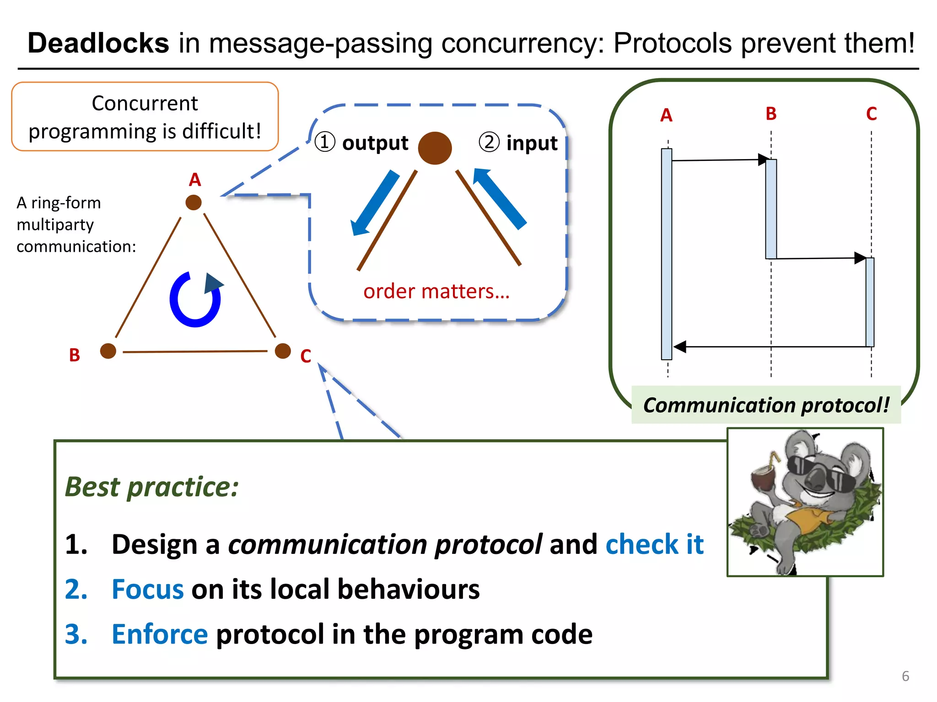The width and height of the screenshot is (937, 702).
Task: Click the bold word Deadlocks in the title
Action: tap(98, 43)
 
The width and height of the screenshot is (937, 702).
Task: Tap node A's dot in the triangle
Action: tap(194, 202)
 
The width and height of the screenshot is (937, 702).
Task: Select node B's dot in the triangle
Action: tap(108, 351)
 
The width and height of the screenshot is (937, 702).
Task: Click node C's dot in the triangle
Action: tap(283, 351)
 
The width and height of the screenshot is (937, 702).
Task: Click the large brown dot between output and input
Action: tap(435, 148)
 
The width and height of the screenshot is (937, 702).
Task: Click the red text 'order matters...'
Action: tap(436, 291)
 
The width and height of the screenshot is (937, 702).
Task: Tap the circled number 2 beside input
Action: tap(489, 142)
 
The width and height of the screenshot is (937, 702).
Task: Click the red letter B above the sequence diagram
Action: tap(771, 114)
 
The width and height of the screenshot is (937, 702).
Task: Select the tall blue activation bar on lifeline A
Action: tap(667, 254)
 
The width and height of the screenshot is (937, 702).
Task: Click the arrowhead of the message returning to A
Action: tap(680, 347)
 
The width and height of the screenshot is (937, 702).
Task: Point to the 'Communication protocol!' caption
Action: tap(766, 405)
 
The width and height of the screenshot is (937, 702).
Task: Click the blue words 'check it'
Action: tap(654, 544)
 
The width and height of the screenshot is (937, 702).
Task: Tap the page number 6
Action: tap(905, 676)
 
